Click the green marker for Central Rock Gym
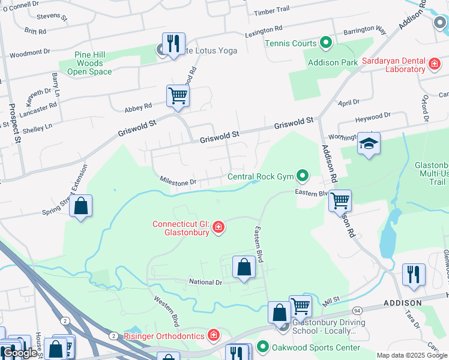(303, 176)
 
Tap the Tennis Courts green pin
(326, 43)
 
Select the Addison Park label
(332, 62)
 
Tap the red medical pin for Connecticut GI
(219, 227)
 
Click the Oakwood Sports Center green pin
(262, 347)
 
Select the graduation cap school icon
(369, 144)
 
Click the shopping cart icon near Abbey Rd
(178, 95)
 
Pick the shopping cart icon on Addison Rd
(340, 200)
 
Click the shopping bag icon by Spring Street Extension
(80, 206)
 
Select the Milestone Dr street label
(178, 181)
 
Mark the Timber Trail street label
(271, 11)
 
